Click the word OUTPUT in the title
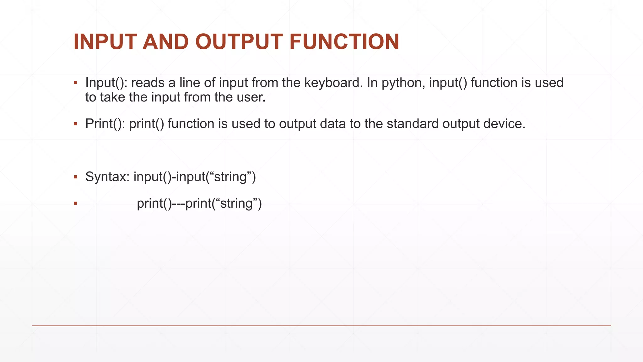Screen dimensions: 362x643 pyautogui.click(x=239, y=42)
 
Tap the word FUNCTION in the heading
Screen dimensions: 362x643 pyautogui.click(x=344, y=42)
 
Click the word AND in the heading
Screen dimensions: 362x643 pyautogui.click(x=165, y=42)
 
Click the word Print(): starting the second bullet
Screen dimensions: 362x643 pyautogui.click(x=105, y=124)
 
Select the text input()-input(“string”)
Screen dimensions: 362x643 pyautogui.click(x=195, y=177)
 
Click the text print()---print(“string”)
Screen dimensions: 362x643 pyautogui.click(x=199, y=204)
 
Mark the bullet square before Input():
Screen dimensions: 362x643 pyautogui.click(x=75, y=83)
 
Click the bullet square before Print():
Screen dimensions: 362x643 pyautogui.click(x=75, y=124)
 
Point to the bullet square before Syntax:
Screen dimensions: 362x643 pyautogui.click(x=75, y=177)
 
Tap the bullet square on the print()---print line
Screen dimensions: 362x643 pyautogui.click(x=75, y=204)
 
